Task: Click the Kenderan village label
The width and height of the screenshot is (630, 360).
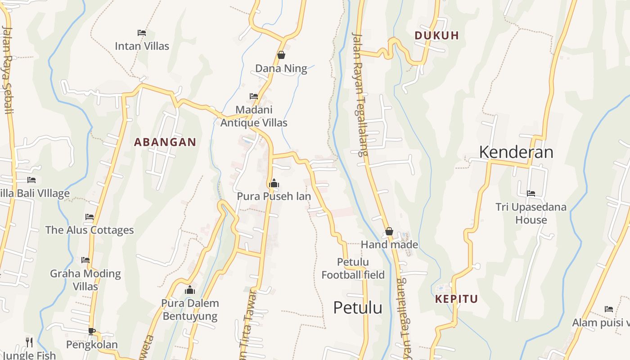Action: pos(516,152)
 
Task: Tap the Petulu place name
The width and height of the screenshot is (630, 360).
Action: pos(358,308)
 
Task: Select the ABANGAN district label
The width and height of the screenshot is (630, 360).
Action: pos(165,142)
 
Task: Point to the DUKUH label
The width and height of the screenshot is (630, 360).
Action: pos(436,36)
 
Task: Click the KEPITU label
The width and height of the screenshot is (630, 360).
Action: pos(456,299)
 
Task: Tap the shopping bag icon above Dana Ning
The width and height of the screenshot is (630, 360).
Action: pos(281,55)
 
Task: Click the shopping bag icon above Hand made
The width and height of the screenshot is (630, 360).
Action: pos(389,231)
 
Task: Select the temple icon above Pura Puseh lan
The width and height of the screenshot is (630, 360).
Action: pos(274,183)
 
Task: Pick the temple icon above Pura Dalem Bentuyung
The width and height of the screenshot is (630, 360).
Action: pos(190,289)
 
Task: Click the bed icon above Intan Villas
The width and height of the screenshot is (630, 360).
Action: pos(142,32)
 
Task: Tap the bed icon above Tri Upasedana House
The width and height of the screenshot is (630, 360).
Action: pos(531,193)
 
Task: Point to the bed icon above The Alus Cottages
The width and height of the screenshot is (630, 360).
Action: pos(90,216)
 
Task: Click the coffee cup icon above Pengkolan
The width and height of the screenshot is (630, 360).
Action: pos(92,331)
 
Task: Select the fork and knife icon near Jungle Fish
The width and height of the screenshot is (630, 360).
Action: pos(29,342)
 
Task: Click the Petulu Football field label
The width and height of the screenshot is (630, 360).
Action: pos(353,268)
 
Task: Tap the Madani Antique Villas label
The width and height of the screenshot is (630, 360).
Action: pos(254,116)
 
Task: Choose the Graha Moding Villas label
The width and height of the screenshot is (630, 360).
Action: pos(85,280)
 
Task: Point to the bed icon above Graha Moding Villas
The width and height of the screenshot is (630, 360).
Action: pos(85,260)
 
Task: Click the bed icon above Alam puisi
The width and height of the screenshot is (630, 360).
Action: pos(609,309)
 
